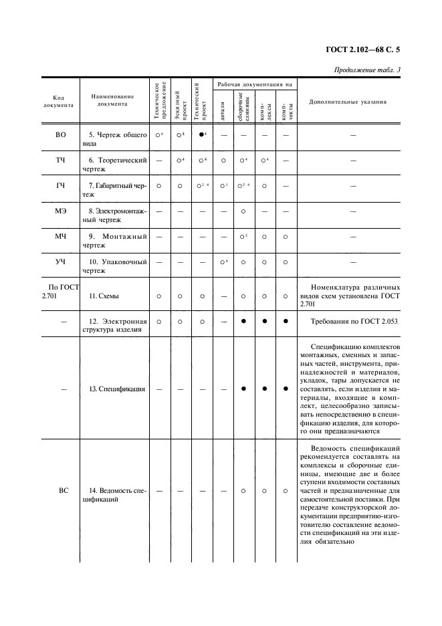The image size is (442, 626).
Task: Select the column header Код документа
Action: coord(60,101)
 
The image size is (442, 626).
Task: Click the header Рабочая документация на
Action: coord(253,85)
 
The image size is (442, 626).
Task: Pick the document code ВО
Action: coord(60,135)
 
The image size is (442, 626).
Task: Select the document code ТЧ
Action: coord(60,161)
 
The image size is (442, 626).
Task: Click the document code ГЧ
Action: coord(60,185)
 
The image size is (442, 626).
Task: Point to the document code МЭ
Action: coord(60,211)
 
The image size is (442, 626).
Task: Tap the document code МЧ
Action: coord(60,236)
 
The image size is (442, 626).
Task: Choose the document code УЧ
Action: coord(60,262)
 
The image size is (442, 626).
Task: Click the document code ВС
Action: coord(63,490)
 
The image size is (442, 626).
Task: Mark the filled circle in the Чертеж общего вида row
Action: coord(201,135)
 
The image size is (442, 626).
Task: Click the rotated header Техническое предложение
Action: coord(159,101)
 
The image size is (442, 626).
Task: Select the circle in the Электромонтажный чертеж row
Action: coord(243,211)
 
